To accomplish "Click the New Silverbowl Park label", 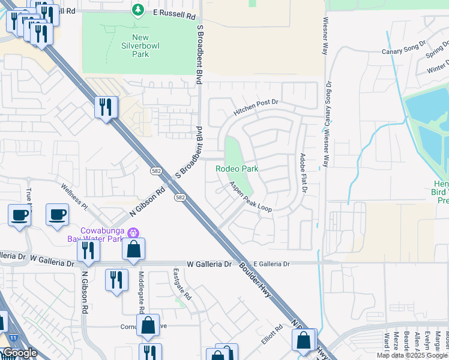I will click(x=132, y=45).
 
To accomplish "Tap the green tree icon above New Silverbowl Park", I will click(x=138, y=10).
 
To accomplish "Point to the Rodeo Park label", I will click(x=237, y=169).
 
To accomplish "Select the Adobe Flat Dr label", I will click(x=303, y=172).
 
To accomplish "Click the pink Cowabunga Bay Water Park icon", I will click(x=134, y=232).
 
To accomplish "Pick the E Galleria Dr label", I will click(x=271, y=264).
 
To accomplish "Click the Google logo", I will click(x=19, y=353).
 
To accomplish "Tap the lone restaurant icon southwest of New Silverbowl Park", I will click(x=106, y=107).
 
